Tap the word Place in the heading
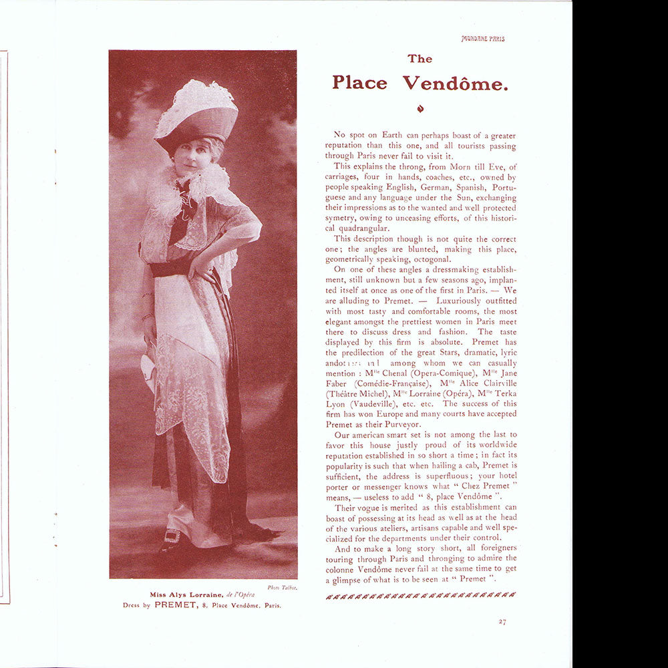(359, 83)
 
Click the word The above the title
(420, 59)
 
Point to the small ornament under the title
(420, 108)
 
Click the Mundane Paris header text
(483, 39)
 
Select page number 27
(502, 622)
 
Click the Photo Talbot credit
(282, 587)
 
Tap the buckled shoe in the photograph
(172, 536)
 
